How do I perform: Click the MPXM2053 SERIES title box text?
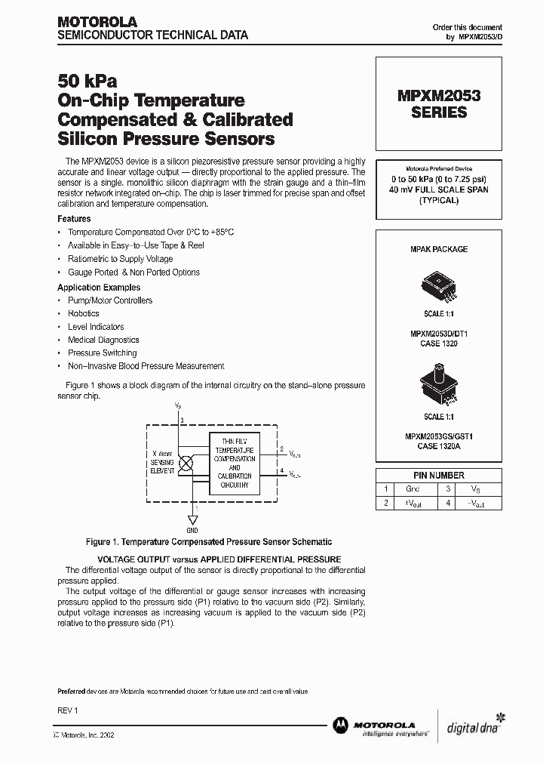pyautogui.click(x=439, y=103)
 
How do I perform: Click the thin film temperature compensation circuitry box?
pyautogui.click(x=234, y=464)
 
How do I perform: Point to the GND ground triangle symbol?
pyautogui.click(x=192, y=520)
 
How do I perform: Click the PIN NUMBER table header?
pyautogui.click(x=439, y=476)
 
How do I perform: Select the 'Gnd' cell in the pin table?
pyautogui.click(x=412, y=489)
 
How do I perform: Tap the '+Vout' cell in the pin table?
pyautogui.click(x=412, y=504)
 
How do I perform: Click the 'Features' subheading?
pyautogui.click(x=74, y=219)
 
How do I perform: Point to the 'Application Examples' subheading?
pyautogui.click(x=99, y=288)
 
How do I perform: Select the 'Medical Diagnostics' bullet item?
pyautogui.click(x=103, y=340)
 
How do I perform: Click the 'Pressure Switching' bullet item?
pyautogui.click(x=102, y=353)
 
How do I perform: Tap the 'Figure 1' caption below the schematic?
pyautogui.click(x=209, y=542)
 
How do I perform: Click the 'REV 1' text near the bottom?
pyautogui.click(x=68, y=710)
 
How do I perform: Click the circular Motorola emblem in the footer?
pyautogui.click(x=340, y=725)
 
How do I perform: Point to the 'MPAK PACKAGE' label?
pyautogui.click(x=439, y=249)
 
